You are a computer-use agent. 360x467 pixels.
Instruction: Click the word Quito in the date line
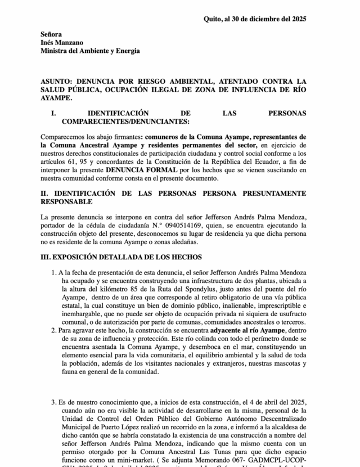tap(213, 19)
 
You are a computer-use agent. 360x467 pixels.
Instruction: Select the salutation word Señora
tap(51, 34)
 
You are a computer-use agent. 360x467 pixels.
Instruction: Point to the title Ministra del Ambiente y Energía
tap(90, 51)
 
